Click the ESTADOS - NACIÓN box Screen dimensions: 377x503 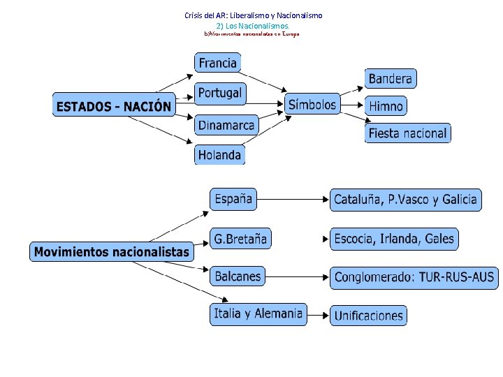click(x=113, y=106)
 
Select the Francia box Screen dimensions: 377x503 click(x=217, y=63)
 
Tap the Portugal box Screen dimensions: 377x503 click(x=219, y=93)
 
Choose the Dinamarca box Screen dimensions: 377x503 click(x=226, y=125)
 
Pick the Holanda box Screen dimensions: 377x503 click(x=219, y=155)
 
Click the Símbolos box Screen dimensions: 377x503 click(x=312, y=105)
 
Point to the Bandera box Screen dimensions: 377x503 click(x=391, y=78)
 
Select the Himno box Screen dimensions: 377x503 click(x=386, y=106)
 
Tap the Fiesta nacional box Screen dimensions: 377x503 click(x=407, y=133)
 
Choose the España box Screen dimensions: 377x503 click(x=233, y=199)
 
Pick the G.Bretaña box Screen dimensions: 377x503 click(x=240, y=239)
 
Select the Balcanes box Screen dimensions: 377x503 click(x=238, y=276)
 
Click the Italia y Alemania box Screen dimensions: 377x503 click(x=258, y=313)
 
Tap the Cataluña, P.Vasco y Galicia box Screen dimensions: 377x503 click(x=406, y=200)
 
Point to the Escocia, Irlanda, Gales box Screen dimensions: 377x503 click(x=394, y=239)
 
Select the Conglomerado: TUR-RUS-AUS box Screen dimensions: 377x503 click(x=414, y=277)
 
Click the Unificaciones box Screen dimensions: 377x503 click(x=368, y=316)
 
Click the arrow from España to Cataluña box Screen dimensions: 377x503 click(x=293, y=200)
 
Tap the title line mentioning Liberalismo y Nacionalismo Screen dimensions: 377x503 click(x=253, y=15)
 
